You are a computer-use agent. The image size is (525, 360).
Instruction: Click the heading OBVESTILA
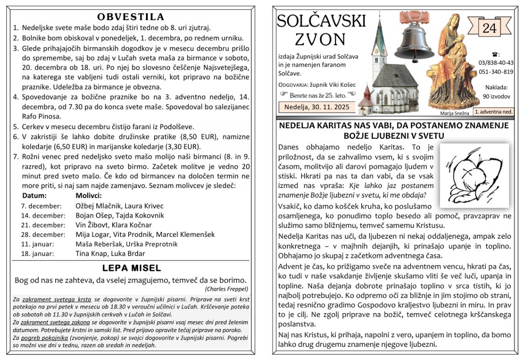coord(130,17)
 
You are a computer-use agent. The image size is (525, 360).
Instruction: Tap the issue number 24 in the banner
coord(489,28)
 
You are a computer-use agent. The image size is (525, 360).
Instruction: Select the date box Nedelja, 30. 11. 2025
coord(317,107)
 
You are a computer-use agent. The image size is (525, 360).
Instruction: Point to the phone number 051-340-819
coord(496,72)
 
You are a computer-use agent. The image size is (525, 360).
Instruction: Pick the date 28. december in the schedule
coord(44,235)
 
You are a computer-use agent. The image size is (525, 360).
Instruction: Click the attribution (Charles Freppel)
coord(226,289)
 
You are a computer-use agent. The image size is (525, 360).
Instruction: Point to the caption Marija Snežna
coord(454,112)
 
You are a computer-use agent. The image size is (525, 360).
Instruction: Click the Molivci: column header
coord(88,195)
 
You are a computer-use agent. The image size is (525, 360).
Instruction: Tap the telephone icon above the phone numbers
coord(496,54)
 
